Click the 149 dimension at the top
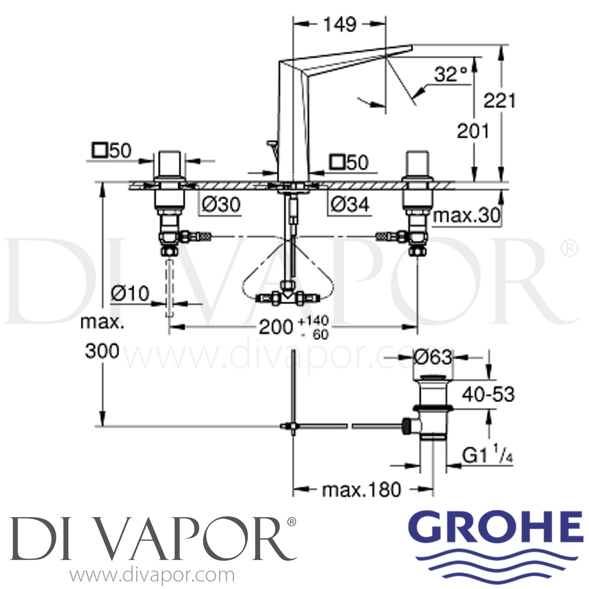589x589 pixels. (x=340, y=25)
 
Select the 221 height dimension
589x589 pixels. (x=499, y=101)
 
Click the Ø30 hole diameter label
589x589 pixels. (x=221, y=205)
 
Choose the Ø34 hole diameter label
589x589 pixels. (x=349, y=205)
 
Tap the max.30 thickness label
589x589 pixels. (x=466, y=215)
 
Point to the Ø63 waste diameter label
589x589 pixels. (x=433, y=357)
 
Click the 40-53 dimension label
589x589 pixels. (x=488, y=394)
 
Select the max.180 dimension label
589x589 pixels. (x=361, y=490)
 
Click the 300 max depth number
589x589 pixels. (x=102, y=351)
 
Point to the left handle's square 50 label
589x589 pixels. (x=112, y=151)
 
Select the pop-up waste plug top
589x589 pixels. (x=433, y=377)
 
